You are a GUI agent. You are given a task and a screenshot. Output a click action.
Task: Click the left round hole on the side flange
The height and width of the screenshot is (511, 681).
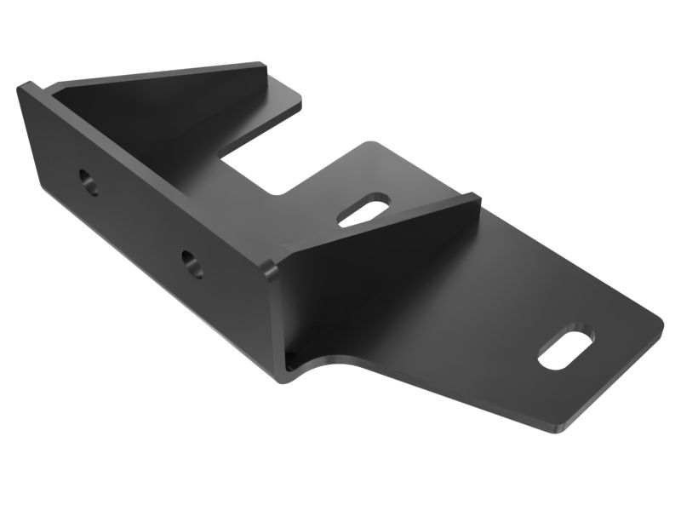pos(89,181)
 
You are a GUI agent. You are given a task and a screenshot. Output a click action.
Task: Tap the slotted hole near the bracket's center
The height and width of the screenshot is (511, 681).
pos(365,213)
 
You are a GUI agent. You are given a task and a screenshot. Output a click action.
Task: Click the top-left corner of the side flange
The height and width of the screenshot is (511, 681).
pos(26,85)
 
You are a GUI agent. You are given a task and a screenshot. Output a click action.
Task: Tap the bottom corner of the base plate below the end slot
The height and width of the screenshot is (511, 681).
pos(558,426)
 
